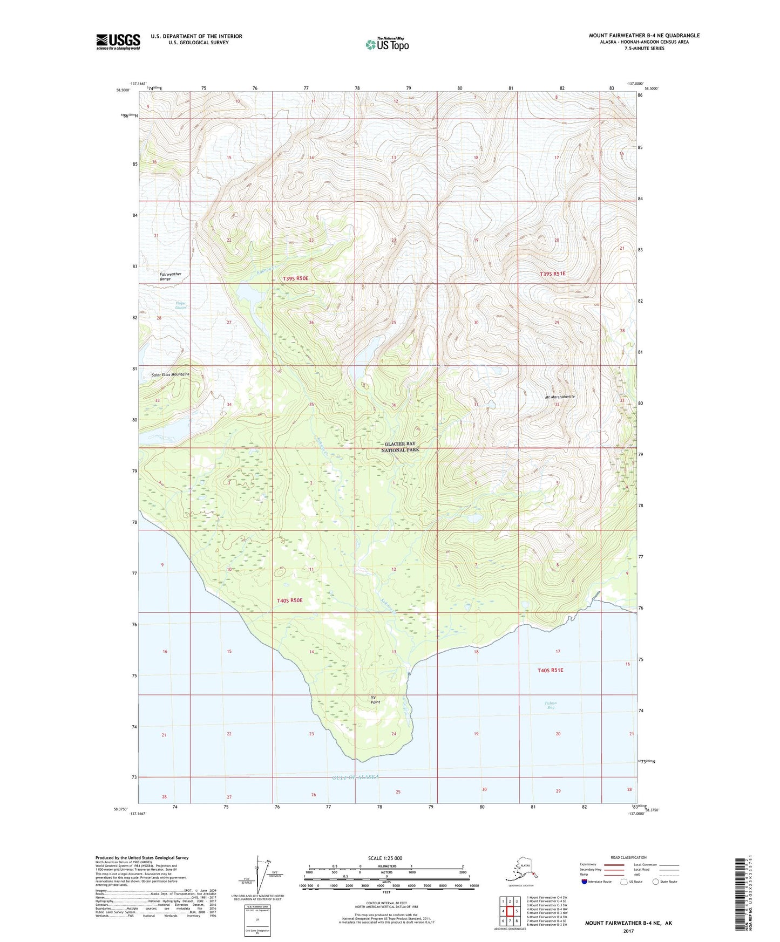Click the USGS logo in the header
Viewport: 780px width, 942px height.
[x=118, y=42]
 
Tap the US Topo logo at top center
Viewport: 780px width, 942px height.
[x=386, y=44]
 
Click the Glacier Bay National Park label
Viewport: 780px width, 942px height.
[x=400, y=446]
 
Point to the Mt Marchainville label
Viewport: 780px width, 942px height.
[x=560, y=397]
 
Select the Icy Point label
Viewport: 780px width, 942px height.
[x=375, y=699]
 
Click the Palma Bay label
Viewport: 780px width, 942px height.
[x=551, y=705]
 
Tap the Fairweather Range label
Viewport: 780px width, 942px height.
[x=171, y=276]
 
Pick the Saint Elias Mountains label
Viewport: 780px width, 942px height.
[x=171, y=374]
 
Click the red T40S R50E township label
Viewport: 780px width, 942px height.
[x=290, y=600]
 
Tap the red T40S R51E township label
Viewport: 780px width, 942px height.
[x=550, y=670]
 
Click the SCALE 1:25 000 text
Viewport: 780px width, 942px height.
[x=385, y=858]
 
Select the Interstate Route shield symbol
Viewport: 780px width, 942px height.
[x=585, y=882]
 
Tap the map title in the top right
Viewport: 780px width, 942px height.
[x=644, y=36]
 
